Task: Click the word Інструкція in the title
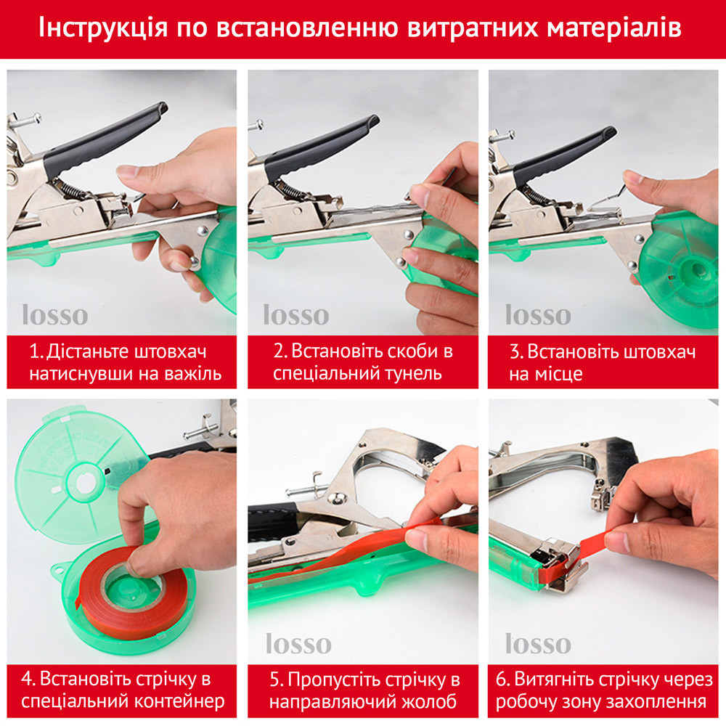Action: [x=103, y=28]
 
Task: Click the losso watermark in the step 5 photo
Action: [x=298, y=643]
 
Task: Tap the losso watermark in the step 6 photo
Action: [x=538, y=643]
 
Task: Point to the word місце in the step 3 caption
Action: [x=559, y=374]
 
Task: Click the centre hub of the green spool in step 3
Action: [x=696, y=269]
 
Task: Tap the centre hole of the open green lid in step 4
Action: [x=85, y=483]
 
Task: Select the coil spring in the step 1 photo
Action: [x=72, y=191]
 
